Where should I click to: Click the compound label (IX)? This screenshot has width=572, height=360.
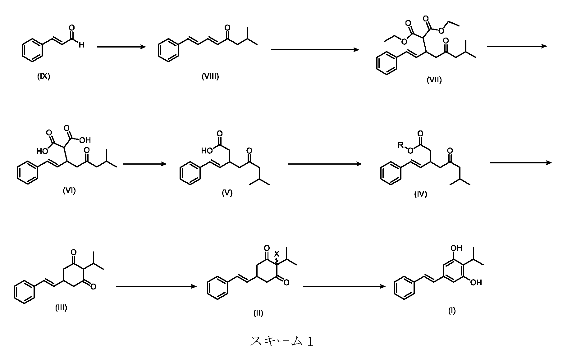point(43,76)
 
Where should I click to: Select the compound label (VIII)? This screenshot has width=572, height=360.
point(210,76)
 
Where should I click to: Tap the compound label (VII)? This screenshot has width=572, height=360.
point(434,80)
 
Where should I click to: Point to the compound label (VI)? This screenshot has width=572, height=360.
point(69,190)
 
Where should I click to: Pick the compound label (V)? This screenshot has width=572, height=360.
point(227,193)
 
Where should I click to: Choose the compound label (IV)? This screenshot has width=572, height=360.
point(420,194)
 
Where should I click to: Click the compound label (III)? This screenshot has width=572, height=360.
point(61,308)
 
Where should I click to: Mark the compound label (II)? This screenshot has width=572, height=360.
point(258,313)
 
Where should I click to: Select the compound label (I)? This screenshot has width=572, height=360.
point(452,311)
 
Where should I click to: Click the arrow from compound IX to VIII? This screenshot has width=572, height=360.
point(121,47)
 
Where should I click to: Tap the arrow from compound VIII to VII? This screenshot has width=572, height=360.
point(315,50)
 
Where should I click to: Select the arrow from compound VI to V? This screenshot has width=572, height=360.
point(145,164)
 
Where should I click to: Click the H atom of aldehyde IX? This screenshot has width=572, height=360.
point(81,45)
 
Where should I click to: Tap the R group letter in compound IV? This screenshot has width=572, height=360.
point(400,145)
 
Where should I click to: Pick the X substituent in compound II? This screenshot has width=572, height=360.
point(277,254)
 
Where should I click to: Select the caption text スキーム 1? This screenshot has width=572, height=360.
point(281,341)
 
